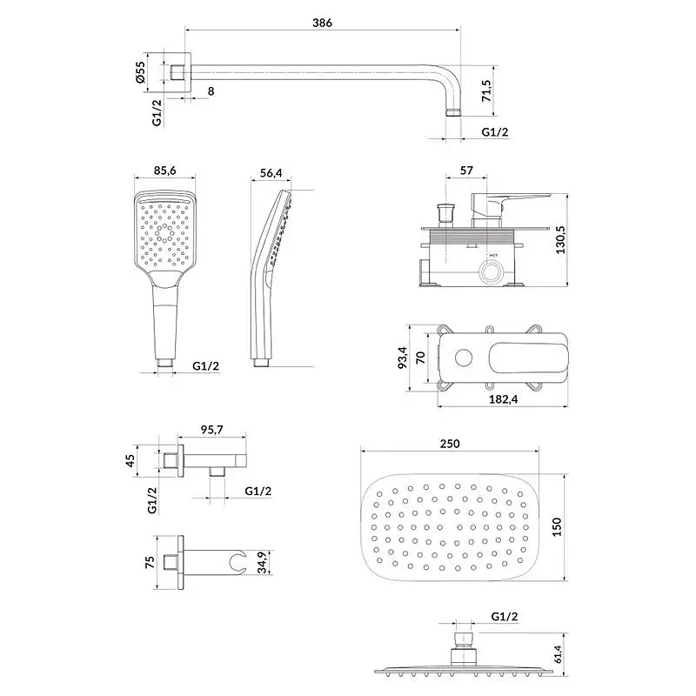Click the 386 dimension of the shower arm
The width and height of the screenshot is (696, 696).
[322, 23]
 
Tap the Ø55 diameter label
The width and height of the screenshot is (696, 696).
[140, 72]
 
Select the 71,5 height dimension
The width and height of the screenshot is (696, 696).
[486, 91]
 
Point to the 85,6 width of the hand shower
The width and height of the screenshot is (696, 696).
[165, 171]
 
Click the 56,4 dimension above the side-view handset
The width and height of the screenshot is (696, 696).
[271, 172]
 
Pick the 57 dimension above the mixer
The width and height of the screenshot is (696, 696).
[466, 171]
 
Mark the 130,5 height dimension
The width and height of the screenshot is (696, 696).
[560, 240]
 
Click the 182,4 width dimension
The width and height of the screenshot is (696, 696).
[504, 399]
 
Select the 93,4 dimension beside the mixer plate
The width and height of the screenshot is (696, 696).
[403, 358]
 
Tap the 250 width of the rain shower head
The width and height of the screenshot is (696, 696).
[450, 444]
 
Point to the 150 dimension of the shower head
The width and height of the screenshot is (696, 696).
[557, 527]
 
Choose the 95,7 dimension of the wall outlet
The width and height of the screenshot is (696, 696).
[211, 430]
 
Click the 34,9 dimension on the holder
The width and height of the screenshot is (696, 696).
[263, 562]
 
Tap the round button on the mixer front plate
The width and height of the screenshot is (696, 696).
[464, 358]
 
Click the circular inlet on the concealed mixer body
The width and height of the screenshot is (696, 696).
[491, 271]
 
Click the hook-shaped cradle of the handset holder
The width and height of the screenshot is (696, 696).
[238, 562]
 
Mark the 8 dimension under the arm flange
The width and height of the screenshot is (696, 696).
[211, 91]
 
